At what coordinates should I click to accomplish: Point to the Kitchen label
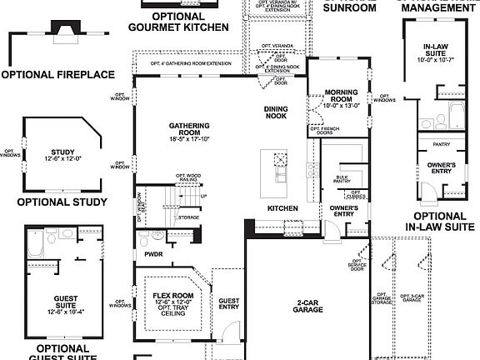click(x=282, y=207)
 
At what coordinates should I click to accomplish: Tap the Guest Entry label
click(x=228, y=304)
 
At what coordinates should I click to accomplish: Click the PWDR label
click(x=153, y=254)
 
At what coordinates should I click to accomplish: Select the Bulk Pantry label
click(x=342, y=179)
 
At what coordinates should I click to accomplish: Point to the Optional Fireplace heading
click(x=57, y=75)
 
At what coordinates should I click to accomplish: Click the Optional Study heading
click(x=62, y=202)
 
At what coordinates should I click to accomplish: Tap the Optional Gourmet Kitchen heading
click(x=178, y=22)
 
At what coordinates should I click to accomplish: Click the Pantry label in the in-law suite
click(x=442, y=143)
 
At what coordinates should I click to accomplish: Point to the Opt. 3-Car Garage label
click(x=411, y=297)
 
